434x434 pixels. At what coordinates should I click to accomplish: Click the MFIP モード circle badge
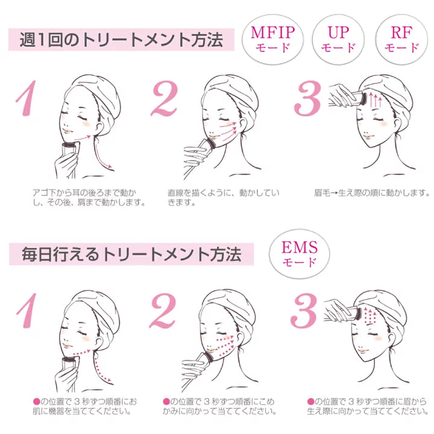tap(272, 40)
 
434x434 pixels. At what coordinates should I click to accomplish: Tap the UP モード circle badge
tap(338, 40)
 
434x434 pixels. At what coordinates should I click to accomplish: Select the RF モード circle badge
tap(401, 40)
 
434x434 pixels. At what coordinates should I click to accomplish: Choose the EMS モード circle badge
tap(299, 254)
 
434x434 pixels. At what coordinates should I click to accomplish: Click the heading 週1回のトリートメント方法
tap(121, 40)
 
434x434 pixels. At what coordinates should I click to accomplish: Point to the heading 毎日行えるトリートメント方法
tap(131, 254)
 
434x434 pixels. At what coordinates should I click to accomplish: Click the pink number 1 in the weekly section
tap(27, 98)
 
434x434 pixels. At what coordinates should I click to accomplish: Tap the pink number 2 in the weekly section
tap(165, 98)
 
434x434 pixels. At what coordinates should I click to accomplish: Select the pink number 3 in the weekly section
tap(308, 98)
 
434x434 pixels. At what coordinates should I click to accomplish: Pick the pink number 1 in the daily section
tap(27, 310)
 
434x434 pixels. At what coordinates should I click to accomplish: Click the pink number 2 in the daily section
tap(163, 310)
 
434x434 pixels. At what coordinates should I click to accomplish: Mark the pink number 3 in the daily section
tap(304, 310)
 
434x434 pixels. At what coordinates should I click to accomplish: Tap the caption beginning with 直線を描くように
tap(224, 198)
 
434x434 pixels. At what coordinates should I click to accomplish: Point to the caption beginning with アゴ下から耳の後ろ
tap(89, 198)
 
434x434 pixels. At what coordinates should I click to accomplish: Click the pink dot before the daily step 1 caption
tap(36, 401)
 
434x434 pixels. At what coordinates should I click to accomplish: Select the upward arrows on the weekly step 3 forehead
tap(376, 101)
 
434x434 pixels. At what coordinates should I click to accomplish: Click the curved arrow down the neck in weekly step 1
tap(101, 153)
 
